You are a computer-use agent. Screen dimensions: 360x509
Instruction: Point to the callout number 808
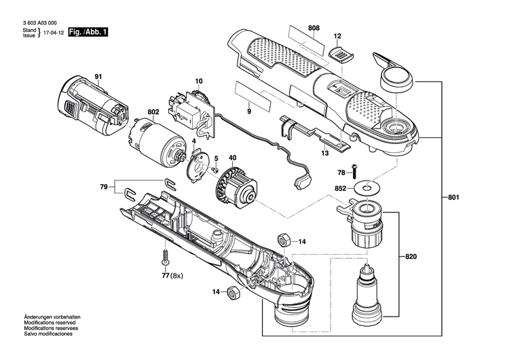tap(314, 28)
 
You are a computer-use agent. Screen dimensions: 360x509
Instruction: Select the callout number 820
tap(411, 257)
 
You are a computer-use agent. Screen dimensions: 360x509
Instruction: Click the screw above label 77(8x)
tap(165, 259)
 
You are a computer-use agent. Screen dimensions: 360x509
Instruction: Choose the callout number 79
tap(104, 187)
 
